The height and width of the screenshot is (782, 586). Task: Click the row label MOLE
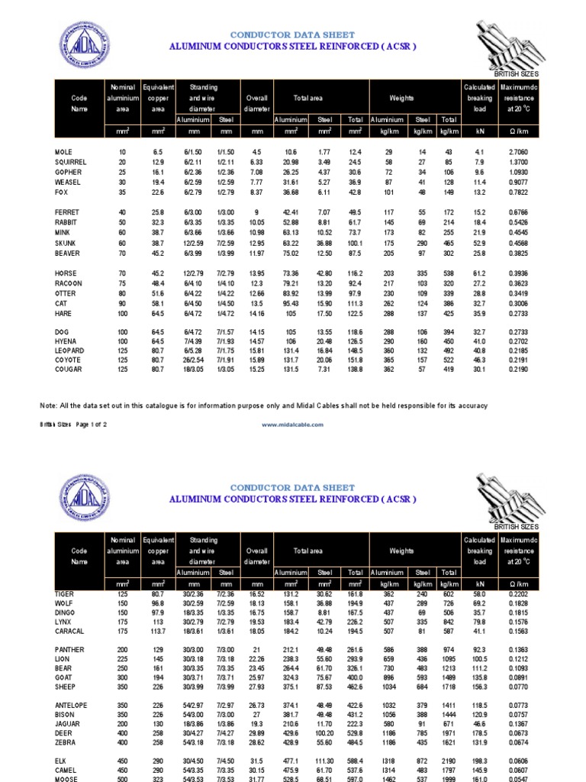click(x=64, y=153)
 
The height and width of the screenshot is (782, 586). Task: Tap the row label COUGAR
click(x=68, y=370)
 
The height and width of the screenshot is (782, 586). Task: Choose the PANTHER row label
click(x=70, y=649)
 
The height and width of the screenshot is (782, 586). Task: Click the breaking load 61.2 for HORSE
click(x=480, y=273)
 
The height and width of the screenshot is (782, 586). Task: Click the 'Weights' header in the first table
click(x=401, y=99)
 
